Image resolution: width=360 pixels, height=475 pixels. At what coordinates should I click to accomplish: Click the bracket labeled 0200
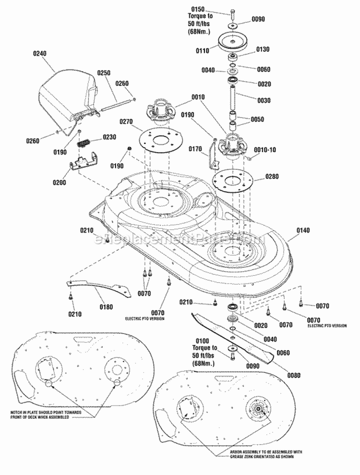(x=83, y=163)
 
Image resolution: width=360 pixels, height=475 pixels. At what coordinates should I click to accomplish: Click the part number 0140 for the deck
(x=303, y=231)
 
